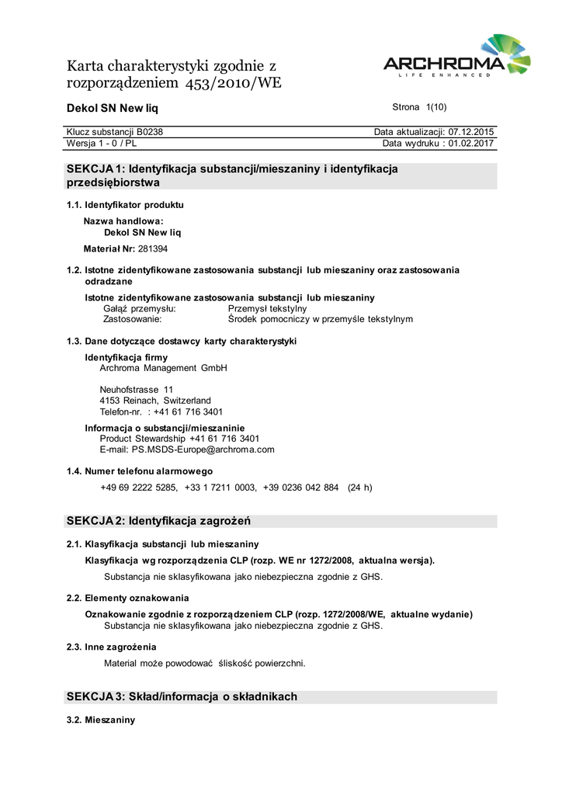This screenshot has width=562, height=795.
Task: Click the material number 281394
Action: [x=153, y=249]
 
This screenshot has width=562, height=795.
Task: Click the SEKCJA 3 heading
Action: [x=182, y=696]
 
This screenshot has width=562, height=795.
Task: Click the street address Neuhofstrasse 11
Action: [x=137, y=389]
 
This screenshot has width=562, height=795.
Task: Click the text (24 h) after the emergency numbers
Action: [x=359, y=488]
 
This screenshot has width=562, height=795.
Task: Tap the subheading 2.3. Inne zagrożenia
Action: [x=112, y=647]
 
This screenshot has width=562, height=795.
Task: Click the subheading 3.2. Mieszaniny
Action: [x=101, y=720]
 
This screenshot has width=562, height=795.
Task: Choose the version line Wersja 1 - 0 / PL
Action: [x=102, y=144]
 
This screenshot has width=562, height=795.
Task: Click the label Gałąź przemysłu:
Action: [x=140, y=308]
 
